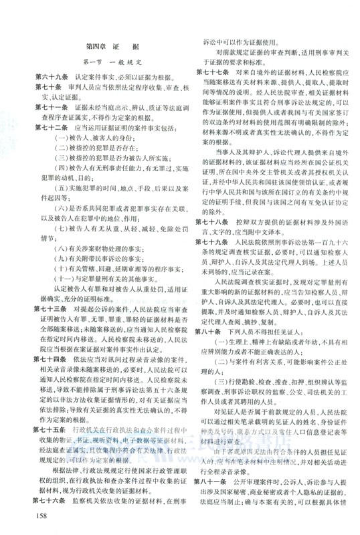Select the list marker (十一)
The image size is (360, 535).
[x=64, y=258]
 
